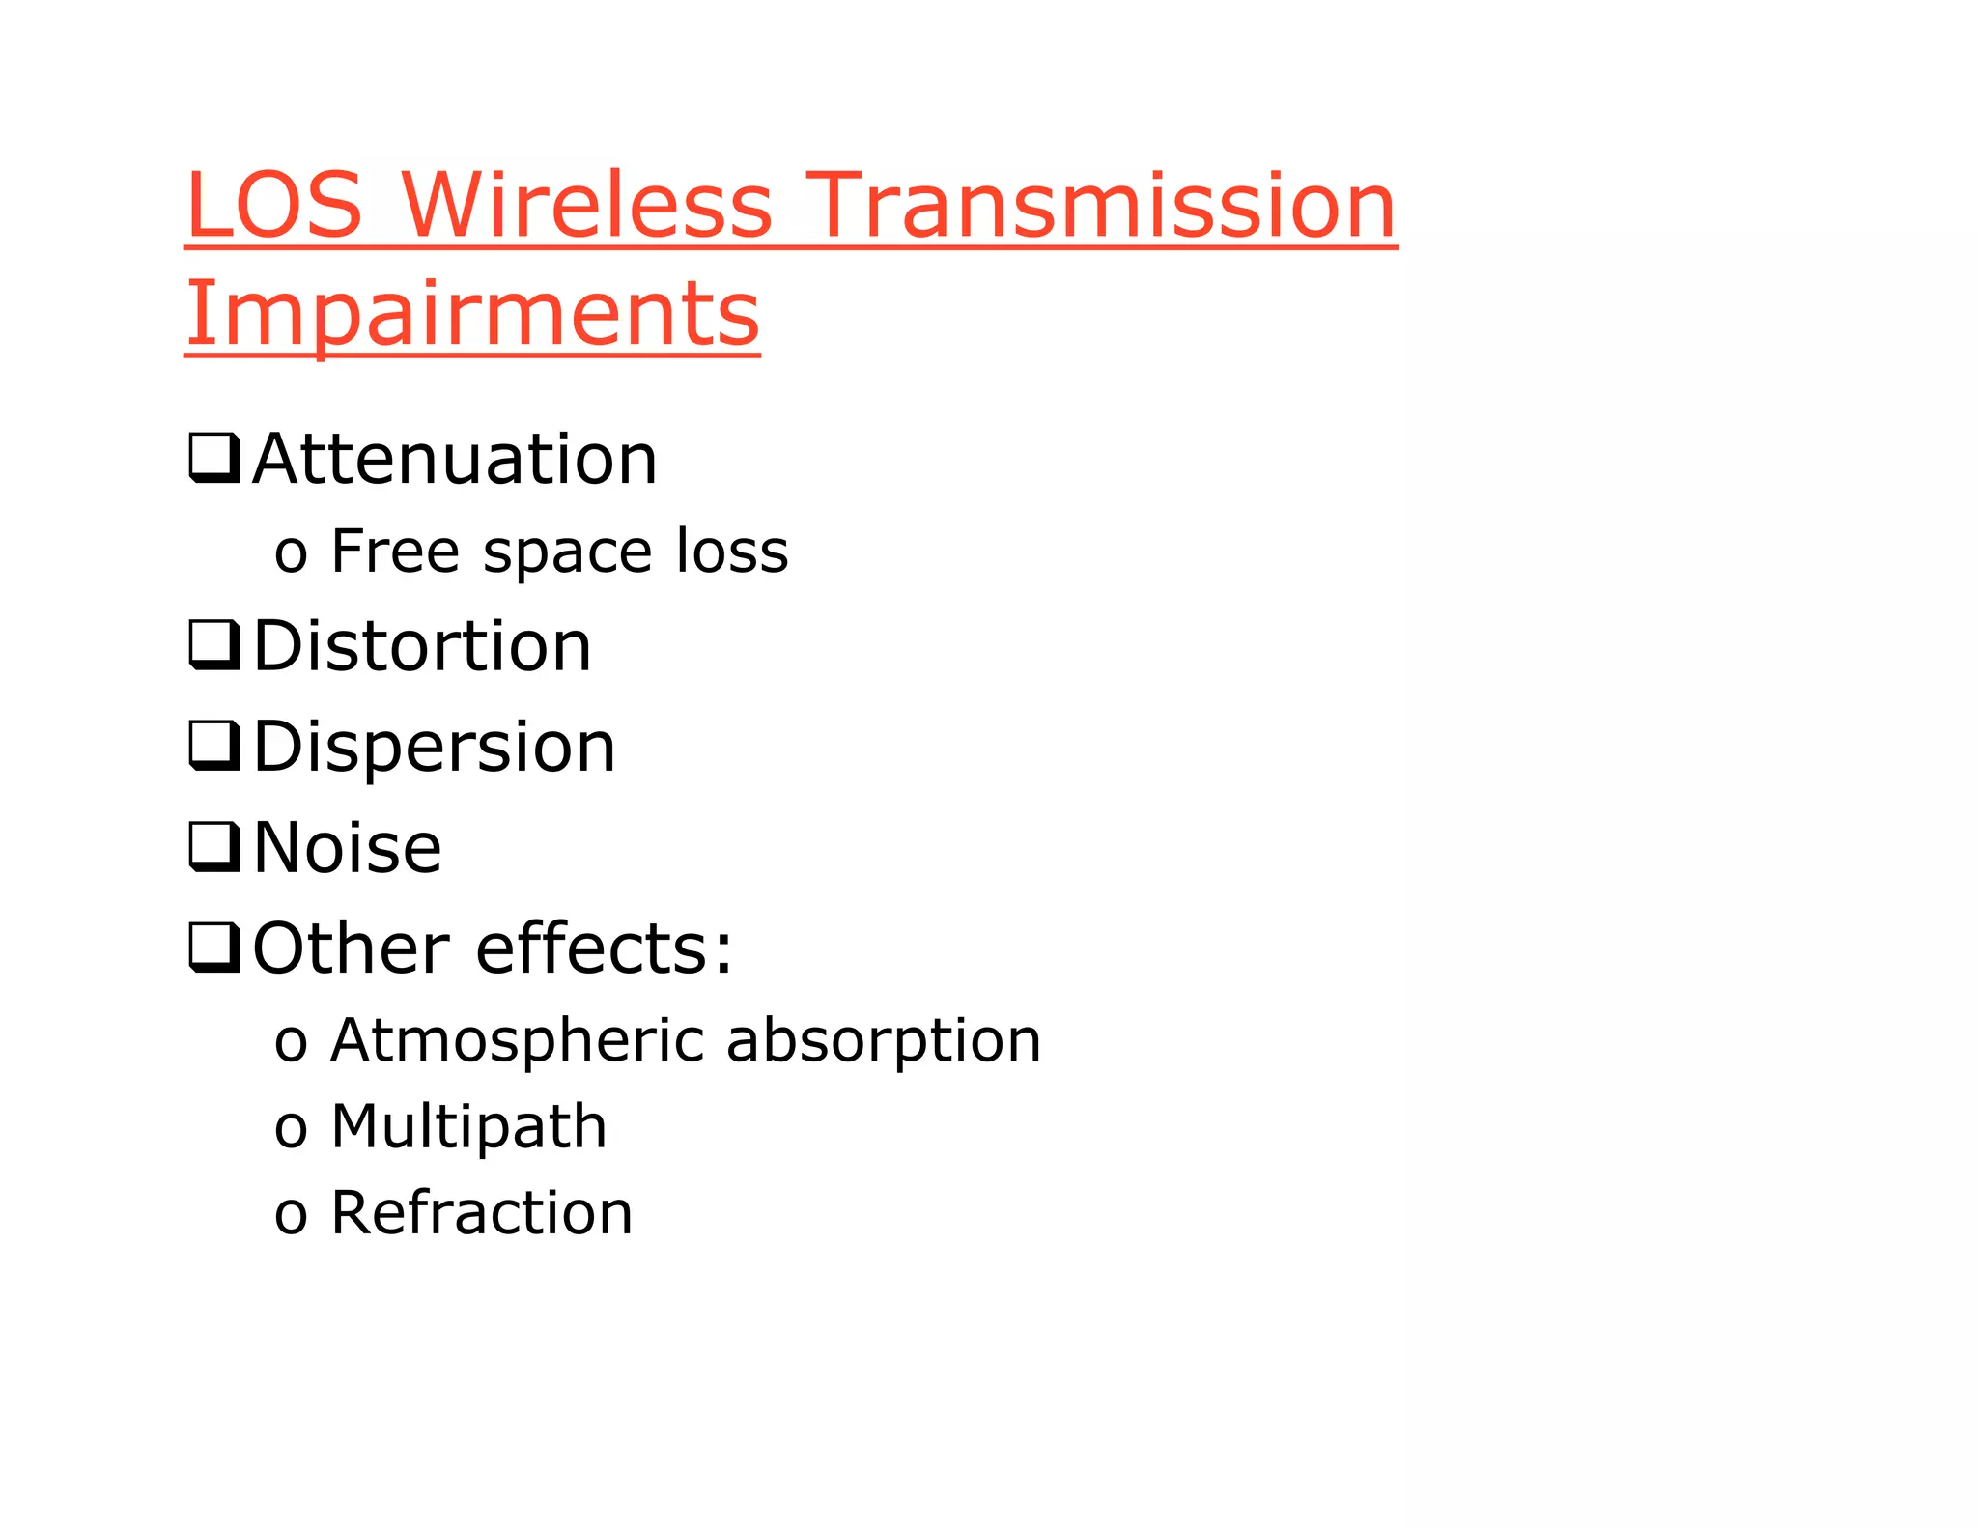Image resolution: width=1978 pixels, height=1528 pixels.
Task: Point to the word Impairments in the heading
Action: pyautogui.click(x=472, y=314)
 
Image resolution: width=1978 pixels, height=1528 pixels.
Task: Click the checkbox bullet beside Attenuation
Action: pyautogui.click(x=213, y=459)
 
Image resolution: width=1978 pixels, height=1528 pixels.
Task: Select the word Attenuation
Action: pyautogui.click(x=455, y=459)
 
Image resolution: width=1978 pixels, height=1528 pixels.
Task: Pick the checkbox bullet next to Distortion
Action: pyautogui.click(x=213, y=645)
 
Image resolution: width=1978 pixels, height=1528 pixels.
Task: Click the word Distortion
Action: pyautogui.click(x=422, y=645)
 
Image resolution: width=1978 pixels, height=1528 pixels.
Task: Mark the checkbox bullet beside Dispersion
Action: pyautogui.click(x=213, y=747)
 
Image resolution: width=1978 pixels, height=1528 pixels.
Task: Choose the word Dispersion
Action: pyautogui.click(x=434, y=747)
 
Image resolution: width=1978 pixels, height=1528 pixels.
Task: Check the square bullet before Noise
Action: pyautogui.click(x=213, y=847)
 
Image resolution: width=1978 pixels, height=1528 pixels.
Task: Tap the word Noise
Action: pyautogui.click(x=347, y=847)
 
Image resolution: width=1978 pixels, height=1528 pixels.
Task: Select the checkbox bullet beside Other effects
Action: pyautogui.click(x=213, y=948)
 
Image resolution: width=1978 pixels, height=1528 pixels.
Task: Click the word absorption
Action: pyautogui.click(x=883, y=1041)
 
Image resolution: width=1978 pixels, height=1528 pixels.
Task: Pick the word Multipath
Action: pyautogui.click(x=468, y=1127)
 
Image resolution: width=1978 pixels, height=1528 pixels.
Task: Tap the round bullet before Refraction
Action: pyautogui.click(x=290, y=1215)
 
